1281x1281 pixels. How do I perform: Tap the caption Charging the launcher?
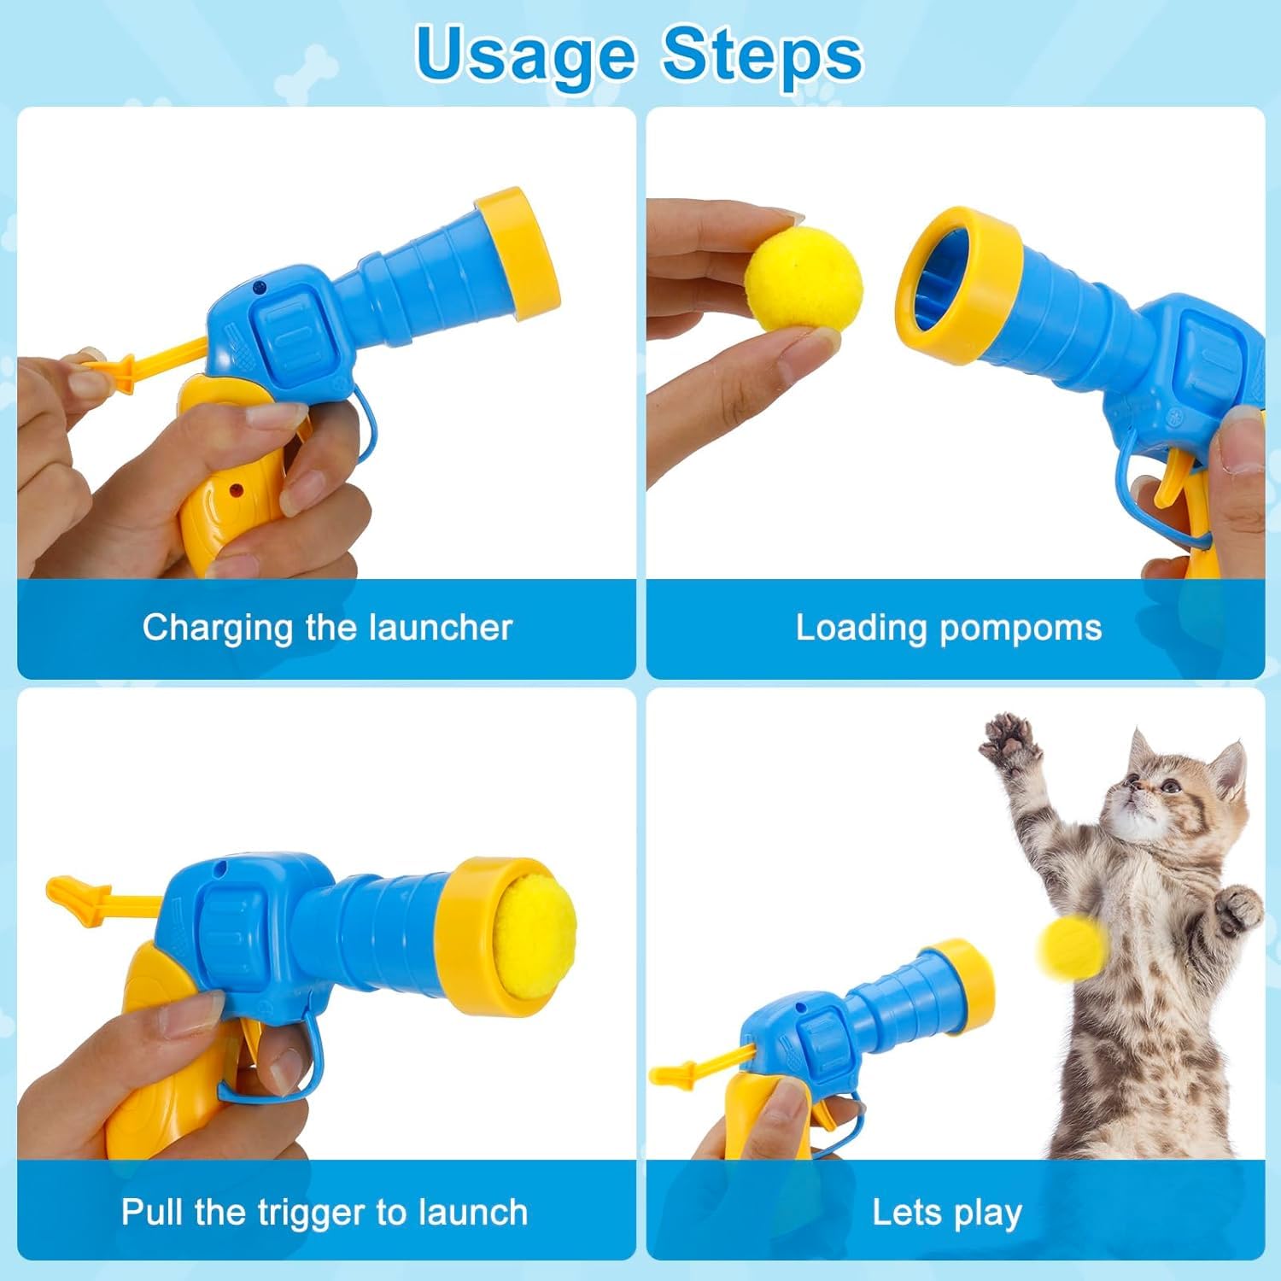click(327, 628)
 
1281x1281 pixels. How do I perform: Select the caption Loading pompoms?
click(949, 628)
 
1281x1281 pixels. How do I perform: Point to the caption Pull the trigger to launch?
click(325, 1212)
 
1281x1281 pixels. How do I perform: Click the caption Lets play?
click(947, 1213)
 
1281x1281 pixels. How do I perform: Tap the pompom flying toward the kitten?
click(1073, 945)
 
